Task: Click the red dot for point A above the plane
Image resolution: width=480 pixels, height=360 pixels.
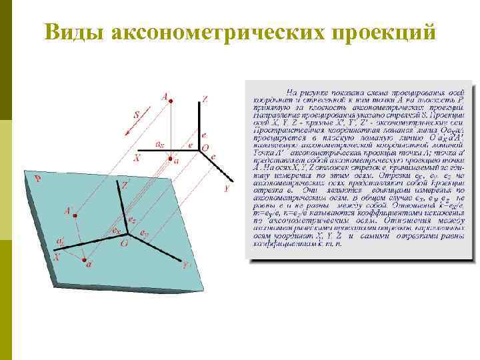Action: tap(171, 101)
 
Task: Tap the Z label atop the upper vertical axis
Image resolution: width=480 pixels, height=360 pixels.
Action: tap(205, 99)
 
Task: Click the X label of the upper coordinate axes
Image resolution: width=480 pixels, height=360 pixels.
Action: tap(137, 159)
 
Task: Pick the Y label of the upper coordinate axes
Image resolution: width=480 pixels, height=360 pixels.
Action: tap(227, 189)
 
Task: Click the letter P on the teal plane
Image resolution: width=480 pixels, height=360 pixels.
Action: tap(38, 179)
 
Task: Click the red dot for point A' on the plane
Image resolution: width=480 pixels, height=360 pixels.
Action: tap(75, 215)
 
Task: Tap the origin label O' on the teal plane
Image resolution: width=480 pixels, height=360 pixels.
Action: tap(125, 243)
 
